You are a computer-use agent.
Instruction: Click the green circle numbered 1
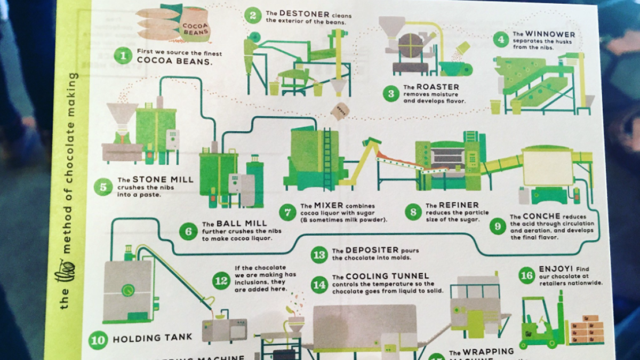tap(123, 56)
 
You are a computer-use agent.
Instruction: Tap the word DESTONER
tap(302, 13)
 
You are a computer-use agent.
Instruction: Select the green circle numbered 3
tap(391, 93)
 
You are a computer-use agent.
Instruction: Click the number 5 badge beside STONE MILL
tap(102, 187)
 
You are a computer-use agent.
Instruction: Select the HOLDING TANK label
tap(145, 338)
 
